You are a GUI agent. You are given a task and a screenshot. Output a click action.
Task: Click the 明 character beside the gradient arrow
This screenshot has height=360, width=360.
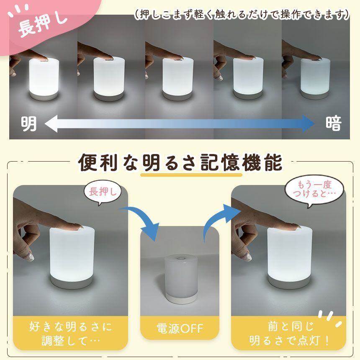tap(28, 124)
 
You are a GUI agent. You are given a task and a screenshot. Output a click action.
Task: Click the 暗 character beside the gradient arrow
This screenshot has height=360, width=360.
tap(333, 124)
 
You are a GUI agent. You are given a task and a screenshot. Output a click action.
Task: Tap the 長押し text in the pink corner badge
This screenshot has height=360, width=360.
tap(43, 23)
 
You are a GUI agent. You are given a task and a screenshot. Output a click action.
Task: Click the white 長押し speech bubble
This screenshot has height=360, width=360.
tap(103, 193)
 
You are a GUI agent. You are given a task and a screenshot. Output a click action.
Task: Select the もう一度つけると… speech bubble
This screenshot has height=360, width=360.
tap(314, 190)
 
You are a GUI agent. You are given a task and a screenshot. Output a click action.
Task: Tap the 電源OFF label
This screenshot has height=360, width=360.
tap(180, 329)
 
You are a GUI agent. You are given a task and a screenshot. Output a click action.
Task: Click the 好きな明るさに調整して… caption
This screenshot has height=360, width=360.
tap(70, 334)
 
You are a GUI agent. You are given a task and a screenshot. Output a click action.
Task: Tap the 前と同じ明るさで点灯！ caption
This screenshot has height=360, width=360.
tap(290, 334)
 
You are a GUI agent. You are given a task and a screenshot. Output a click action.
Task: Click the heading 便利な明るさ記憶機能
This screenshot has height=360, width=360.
tap(180, 163)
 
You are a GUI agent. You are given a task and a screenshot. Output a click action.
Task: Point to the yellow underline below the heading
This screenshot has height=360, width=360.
tap(191, 175)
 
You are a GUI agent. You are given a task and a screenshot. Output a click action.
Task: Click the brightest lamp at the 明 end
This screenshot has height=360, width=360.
tap(44, 79)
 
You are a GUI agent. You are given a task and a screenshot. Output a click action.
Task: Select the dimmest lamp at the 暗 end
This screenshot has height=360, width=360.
tap(316, 79)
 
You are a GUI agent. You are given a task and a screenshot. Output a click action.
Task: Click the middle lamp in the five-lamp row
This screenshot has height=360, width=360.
tap(177, 79)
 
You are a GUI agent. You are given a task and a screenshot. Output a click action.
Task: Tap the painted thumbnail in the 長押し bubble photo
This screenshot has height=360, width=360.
tap(30, 257)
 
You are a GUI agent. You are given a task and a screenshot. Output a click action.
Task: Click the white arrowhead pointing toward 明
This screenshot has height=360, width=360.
tap(51, 124)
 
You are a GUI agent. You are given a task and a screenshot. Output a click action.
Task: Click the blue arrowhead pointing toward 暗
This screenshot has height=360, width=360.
tap(308, 124)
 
